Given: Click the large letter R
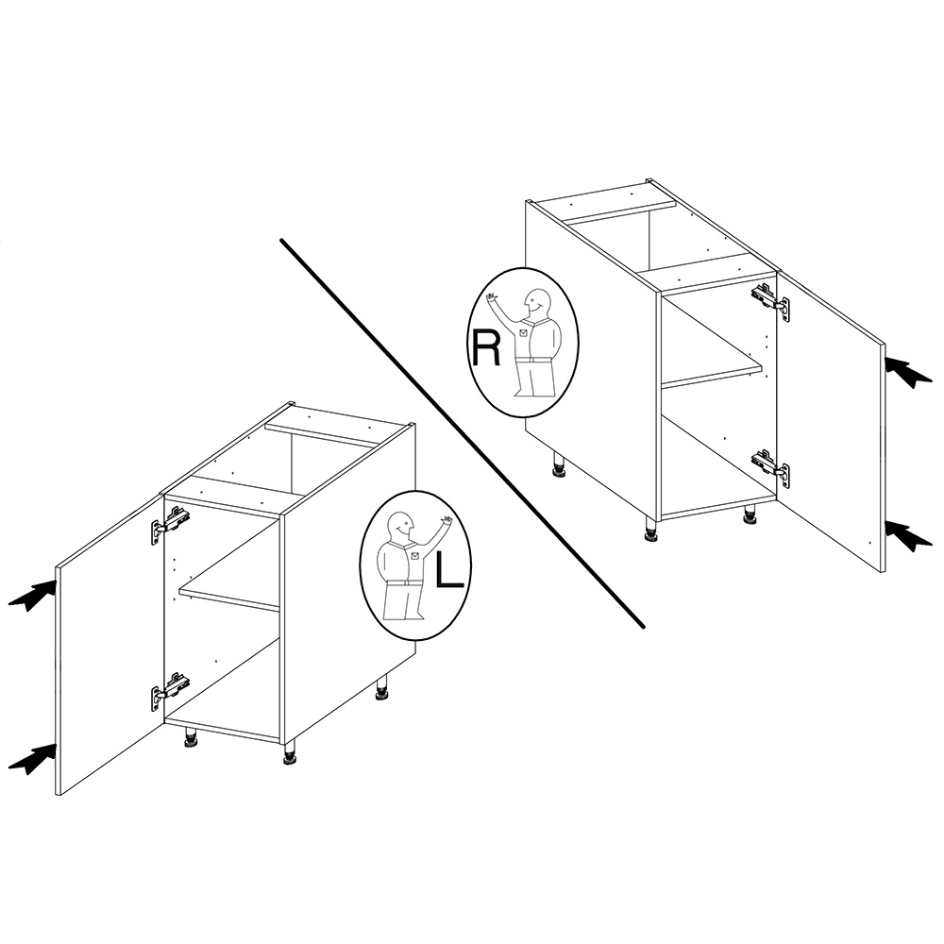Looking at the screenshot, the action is coord(485,347).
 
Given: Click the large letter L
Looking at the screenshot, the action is coord(449,569).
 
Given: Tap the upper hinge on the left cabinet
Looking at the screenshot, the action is coord(170,524).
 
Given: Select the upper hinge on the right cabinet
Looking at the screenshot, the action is coord(770,300).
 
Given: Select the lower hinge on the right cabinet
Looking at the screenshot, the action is coord(770,467).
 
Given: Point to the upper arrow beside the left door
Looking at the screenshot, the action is coord(32,596).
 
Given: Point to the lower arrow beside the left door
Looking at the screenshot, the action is coord(32,759).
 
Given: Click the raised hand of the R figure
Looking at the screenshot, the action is coord(493,296).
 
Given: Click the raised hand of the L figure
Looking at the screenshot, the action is coord(447,519).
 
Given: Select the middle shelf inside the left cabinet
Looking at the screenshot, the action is coord(229,596).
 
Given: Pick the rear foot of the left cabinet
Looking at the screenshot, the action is coord(381,688).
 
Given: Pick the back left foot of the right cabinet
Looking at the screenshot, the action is coord(559,465).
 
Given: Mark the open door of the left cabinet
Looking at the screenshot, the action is coord(110,644).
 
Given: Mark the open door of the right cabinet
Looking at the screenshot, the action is coord(832,421).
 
